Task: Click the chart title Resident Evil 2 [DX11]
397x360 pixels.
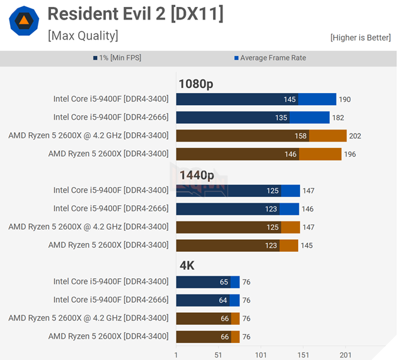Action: pyautogui.click(x=135, y=13)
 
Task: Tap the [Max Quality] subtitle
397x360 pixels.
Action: pyautogui.click(x=83, y=36)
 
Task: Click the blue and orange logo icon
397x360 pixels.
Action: pyautogui.click(x=24, y=21)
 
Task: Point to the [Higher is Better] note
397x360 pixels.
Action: pyautogui.click(x=360, y=38)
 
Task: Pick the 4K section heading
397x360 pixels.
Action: pyautogui.click(x=187, y=266)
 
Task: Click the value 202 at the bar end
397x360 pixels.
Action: pyautogui.click(x=355, y=136)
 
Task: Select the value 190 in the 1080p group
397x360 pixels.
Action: pyautogui.click(x=345, y=99)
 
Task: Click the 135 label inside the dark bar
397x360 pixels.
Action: pyautogui.click(x=281, y=118)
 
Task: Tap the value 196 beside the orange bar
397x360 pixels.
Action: pyautogui.click(x=350, y=154)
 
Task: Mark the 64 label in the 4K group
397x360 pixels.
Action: pyautogui.click(x=224, y=300)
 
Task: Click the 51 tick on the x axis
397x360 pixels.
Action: pyautogui.click(x=218, y=354)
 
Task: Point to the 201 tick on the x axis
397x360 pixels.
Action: pyautogui.click(x=345, y=354)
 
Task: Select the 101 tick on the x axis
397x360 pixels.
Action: pyautogui.click(x=260, y=354)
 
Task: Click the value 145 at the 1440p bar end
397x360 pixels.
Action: pyautogui.click(x=306, y=245)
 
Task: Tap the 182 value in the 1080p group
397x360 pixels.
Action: pyautogui.click(x=338, y=118)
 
